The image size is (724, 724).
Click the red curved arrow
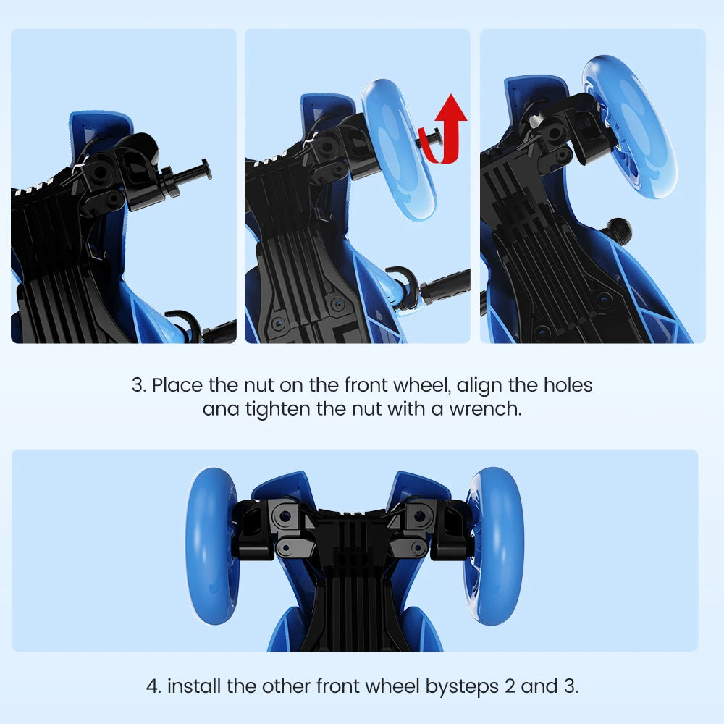coord(446,130)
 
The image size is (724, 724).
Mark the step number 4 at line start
coord(153,686)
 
